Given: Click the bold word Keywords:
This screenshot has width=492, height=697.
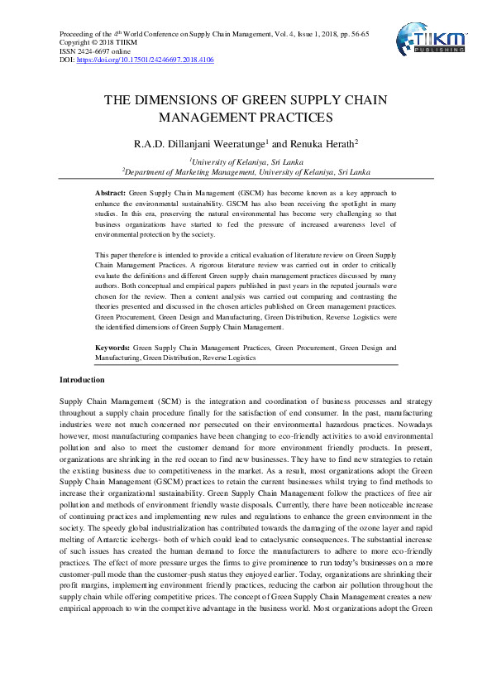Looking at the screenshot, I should [112, 348].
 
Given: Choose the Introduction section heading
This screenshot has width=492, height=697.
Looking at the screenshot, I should [82, 379].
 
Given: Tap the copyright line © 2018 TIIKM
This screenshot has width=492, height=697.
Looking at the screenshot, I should [96, 43].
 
